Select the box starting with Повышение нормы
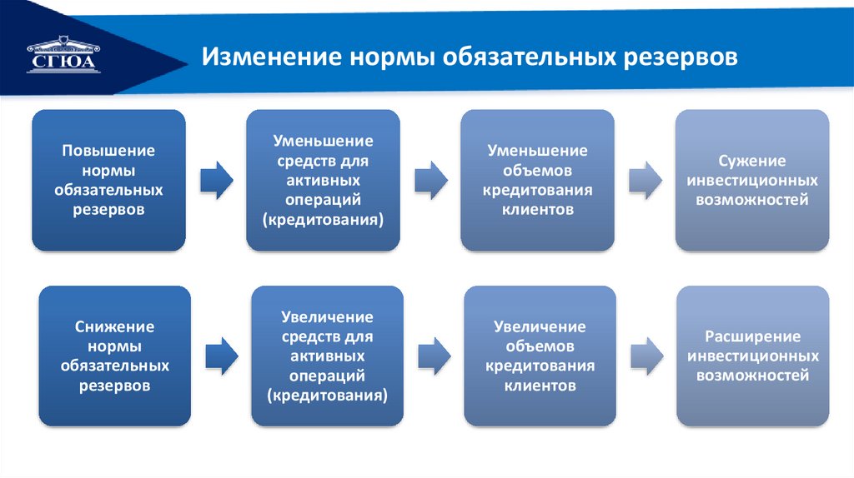pos(108,180)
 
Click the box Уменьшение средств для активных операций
pos(322,180)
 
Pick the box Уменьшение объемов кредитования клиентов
pos(537,180)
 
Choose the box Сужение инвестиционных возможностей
pos(752,180)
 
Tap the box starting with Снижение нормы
pos(114,356)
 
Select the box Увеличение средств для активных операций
pos(328,356)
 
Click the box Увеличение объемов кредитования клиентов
pos(540,356)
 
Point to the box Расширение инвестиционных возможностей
pos(752,356)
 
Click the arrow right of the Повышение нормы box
pos(217,180)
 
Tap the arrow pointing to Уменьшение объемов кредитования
pos(430,180)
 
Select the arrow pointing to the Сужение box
pos(645,180)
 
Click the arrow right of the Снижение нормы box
pos(222,356)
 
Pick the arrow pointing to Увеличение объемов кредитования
pos(434,356)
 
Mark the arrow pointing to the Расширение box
pos(646,356)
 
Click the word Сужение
pos(752,161)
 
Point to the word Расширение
pos(752,337)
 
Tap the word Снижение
pos(114,327)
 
